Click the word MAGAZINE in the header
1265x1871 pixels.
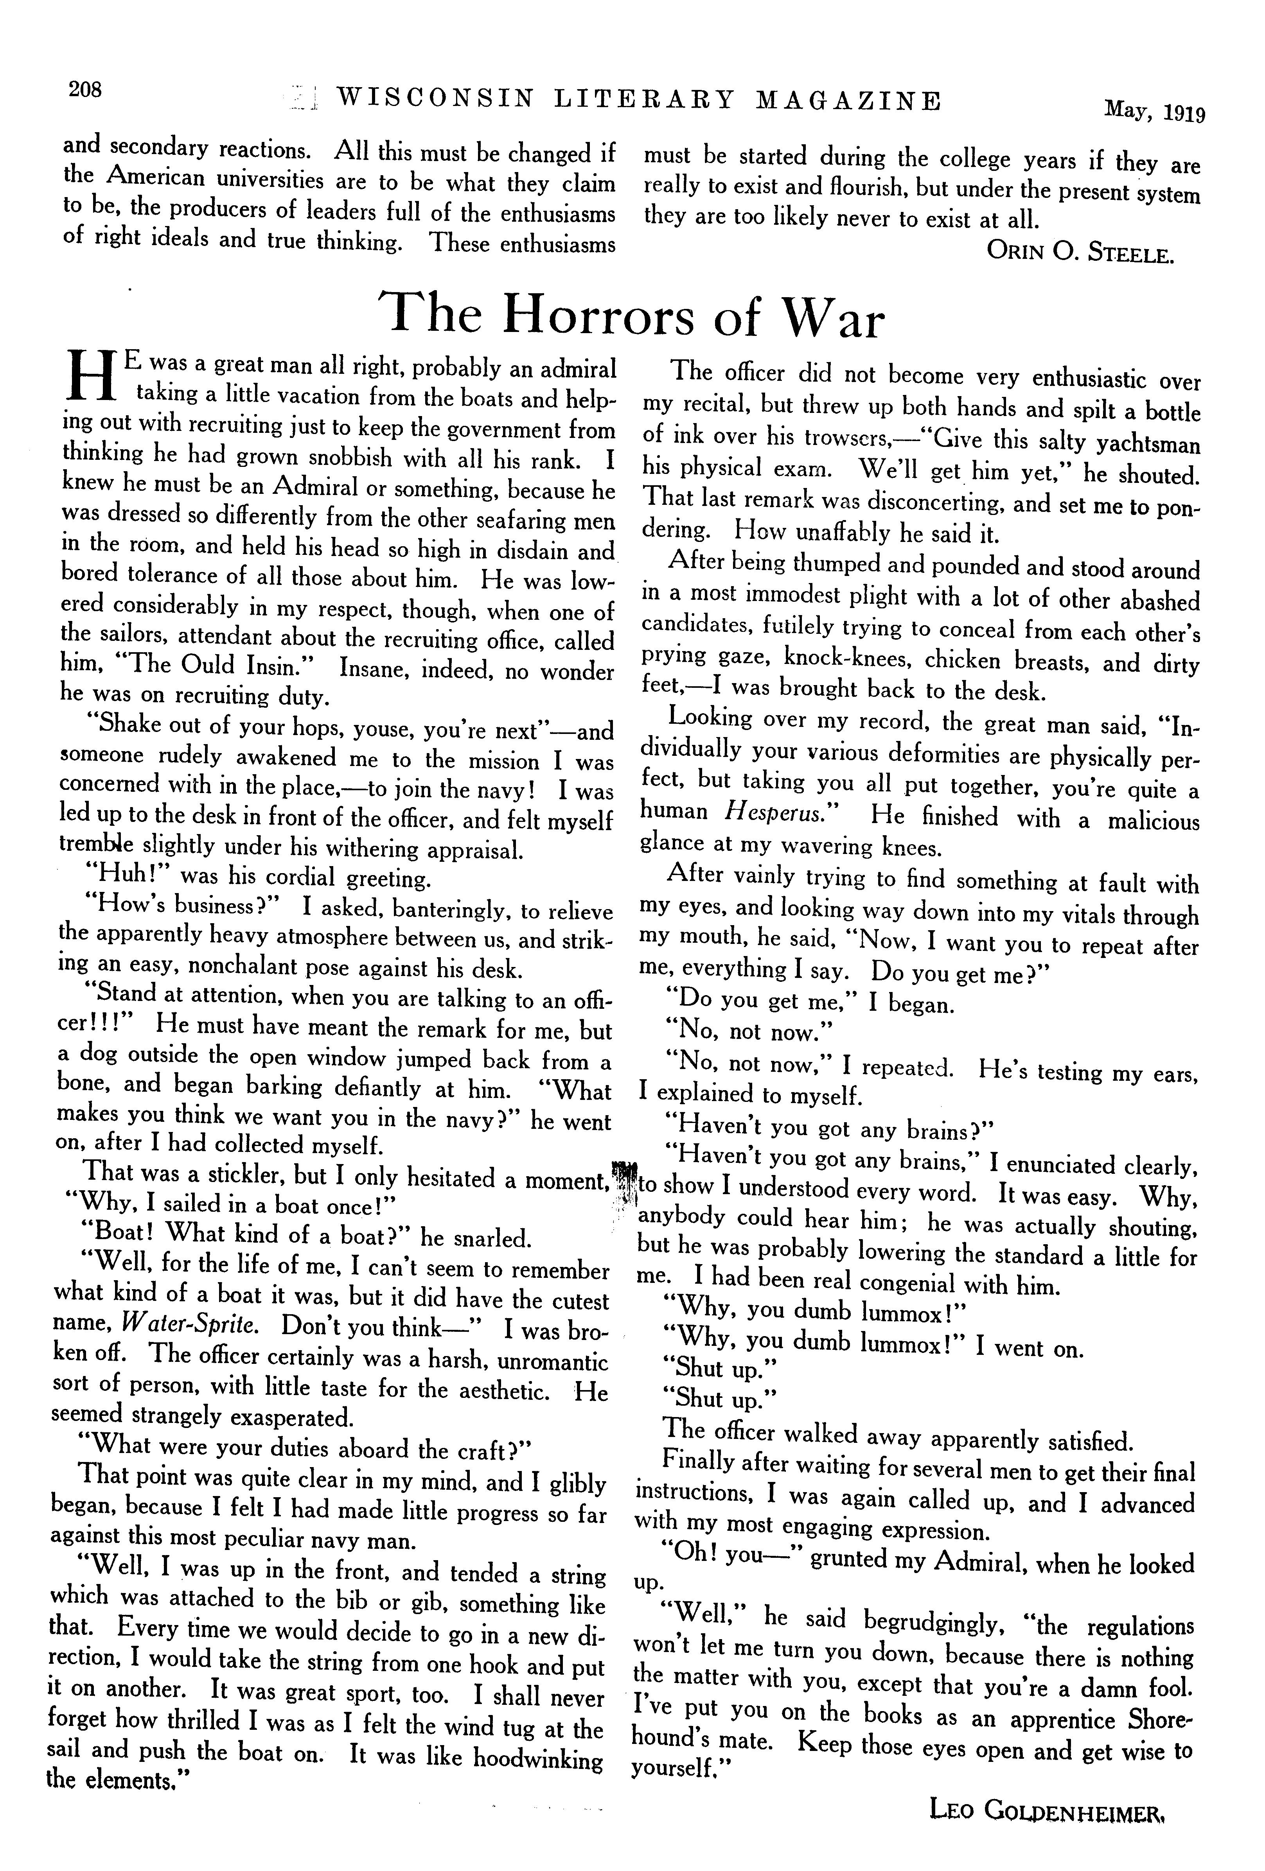[849, 100]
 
